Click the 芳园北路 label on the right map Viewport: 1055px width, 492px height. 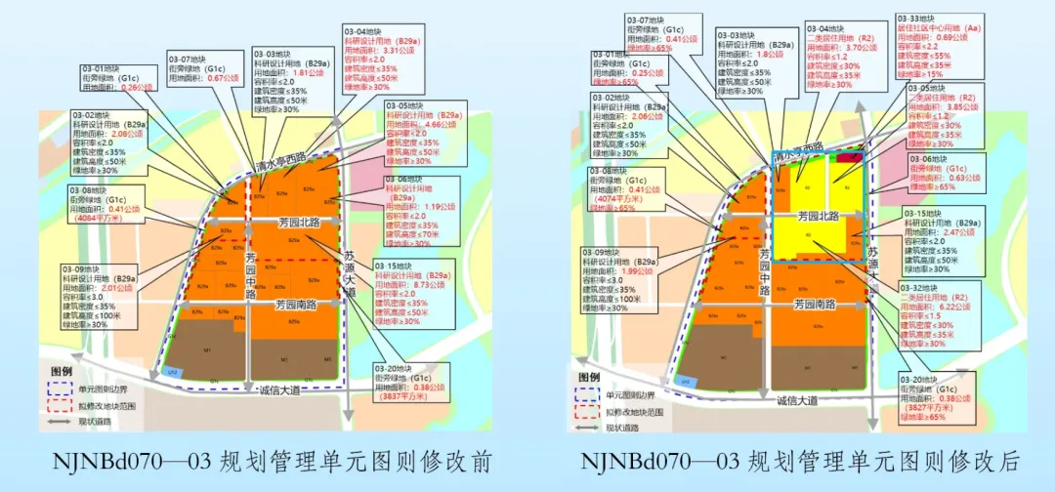(818, 216)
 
